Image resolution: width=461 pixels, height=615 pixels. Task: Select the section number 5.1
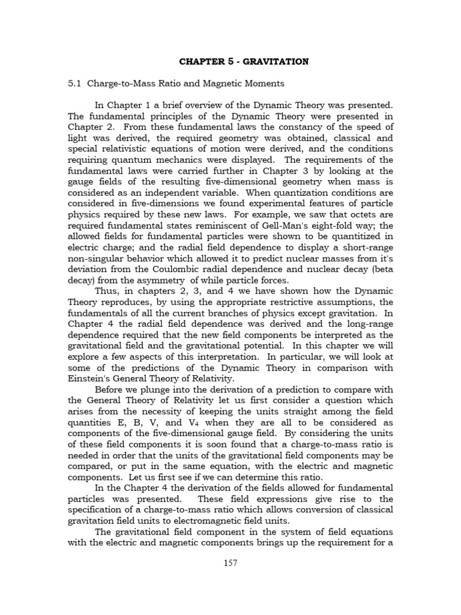76,83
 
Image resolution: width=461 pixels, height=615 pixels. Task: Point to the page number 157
230,581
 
